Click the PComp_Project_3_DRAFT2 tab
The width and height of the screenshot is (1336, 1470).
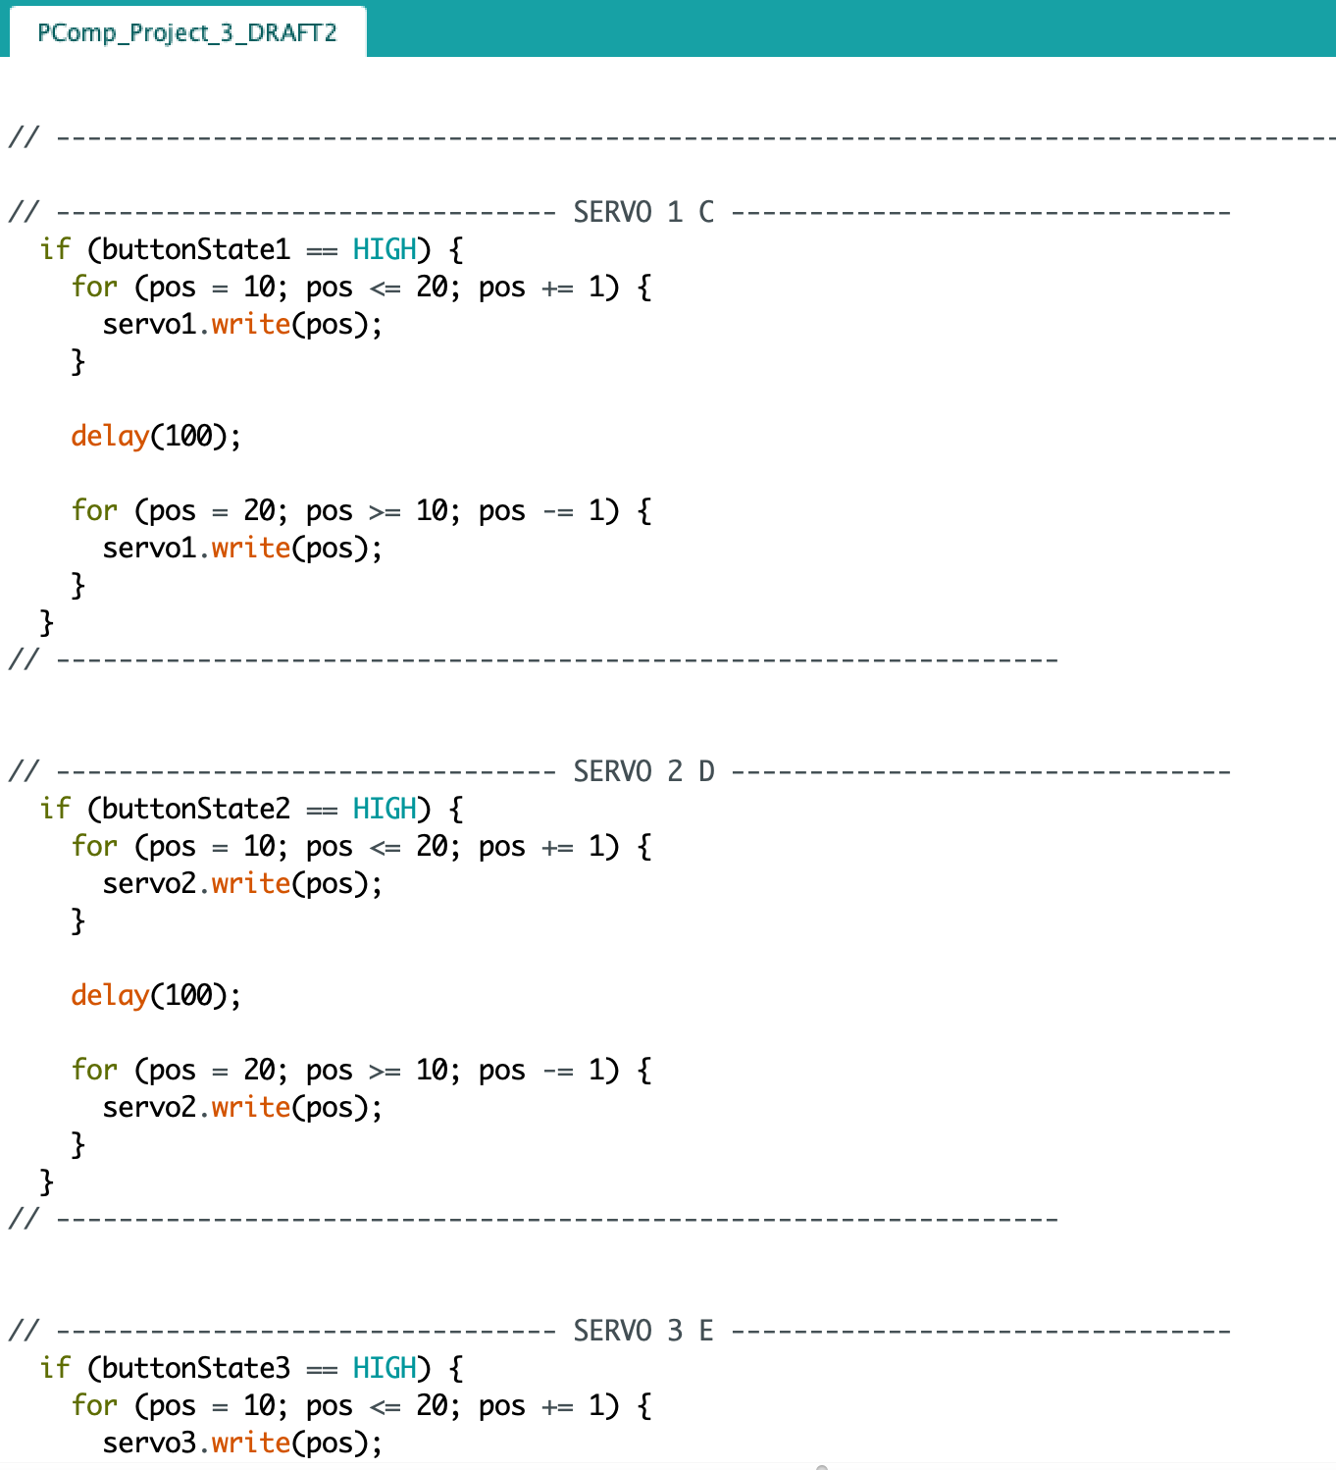(186, 33)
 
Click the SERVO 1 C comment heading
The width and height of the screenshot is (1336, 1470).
(643, 212)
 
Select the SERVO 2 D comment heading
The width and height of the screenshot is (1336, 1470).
(643, 771)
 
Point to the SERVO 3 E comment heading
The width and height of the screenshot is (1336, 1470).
(643, 1331)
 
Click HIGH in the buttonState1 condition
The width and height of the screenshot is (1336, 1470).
(385, 250)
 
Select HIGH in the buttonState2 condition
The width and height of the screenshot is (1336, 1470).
(385, 810)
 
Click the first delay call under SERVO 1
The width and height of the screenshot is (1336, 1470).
(110, 436)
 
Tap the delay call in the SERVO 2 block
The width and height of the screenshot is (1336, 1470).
(110, 995)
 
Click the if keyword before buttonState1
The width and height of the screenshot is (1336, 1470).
(55, 250)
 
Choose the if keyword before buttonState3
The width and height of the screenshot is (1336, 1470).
(55, 1369)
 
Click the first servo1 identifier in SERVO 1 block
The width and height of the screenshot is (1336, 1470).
(150, 325)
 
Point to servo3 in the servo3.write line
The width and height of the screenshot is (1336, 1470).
(150, 1444)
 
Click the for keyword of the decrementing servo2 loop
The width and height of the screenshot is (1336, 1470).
(94, 1070)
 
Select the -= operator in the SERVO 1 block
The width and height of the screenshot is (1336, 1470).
(557, 511)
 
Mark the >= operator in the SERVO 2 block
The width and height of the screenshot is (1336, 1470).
(385, 1071)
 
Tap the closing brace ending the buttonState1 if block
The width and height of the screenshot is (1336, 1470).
(46, 623)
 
